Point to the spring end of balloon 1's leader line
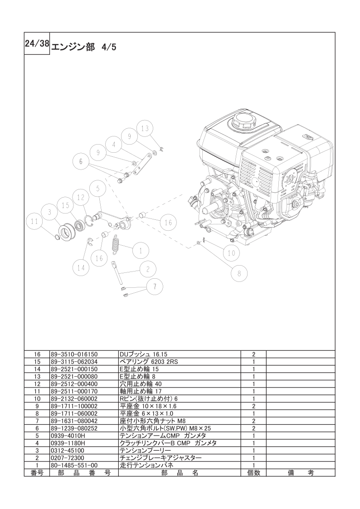pos(119,245)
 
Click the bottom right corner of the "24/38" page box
pos(50,55)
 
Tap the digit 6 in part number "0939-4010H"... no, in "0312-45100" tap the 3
pos(55,451)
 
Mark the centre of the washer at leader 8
pos(198,242)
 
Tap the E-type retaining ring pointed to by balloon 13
pos(161,149)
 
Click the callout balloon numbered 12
pos(81,197)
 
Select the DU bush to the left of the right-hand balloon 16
pos(142,215)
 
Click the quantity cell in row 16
pos(253,354)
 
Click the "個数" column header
pos(253,473)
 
